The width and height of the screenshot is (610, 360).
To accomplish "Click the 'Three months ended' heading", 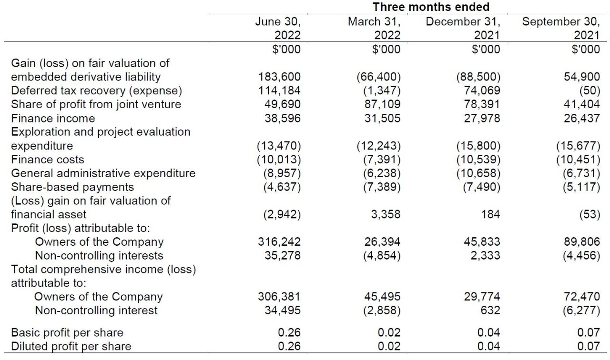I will click(x=431, y=7).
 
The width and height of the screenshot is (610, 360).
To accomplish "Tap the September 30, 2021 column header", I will click(x=561, y=28).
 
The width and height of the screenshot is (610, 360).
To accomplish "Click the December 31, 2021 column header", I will click(x=463, y=28).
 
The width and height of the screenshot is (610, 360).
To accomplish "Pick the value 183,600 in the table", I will click(x=280, y=77).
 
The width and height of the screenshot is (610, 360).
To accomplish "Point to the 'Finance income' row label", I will click(x=53, y=118).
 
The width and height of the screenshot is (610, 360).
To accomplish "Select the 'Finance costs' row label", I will click(x=48, y=160).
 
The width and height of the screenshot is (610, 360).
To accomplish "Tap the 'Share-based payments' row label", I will click(x=72, y=187).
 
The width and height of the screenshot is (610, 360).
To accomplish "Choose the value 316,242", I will click(x=280, y=242).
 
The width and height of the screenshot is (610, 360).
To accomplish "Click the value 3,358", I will click(x=386, y=214).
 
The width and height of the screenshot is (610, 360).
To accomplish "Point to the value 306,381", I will click(x=280, y=297).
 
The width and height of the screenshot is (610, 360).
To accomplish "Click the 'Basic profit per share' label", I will click(x=67, y=332).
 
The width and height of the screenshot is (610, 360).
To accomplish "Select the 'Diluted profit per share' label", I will click(x=71, y=346).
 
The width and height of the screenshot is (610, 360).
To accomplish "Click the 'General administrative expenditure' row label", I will click(x=103, y=173).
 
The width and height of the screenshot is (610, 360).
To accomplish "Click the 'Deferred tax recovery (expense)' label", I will click(x=96, y=90).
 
